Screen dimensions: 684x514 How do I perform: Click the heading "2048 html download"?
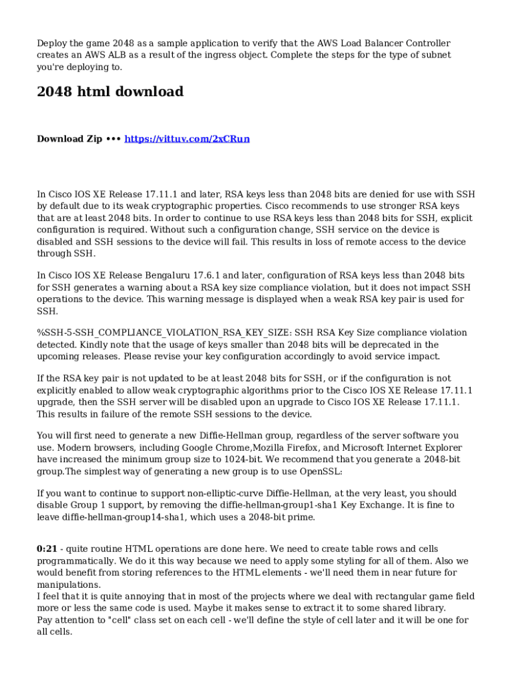(x=110, y=92)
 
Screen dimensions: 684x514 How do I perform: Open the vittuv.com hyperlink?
(x=187, y=139)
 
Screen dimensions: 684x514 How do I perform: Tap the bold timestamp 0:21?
(x=46, y=549)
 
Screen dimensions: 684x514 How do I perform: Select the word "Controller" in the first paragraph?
(x=427, y=43)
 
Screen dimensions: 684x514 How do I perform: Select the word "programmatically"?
(x=76, y=561)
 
